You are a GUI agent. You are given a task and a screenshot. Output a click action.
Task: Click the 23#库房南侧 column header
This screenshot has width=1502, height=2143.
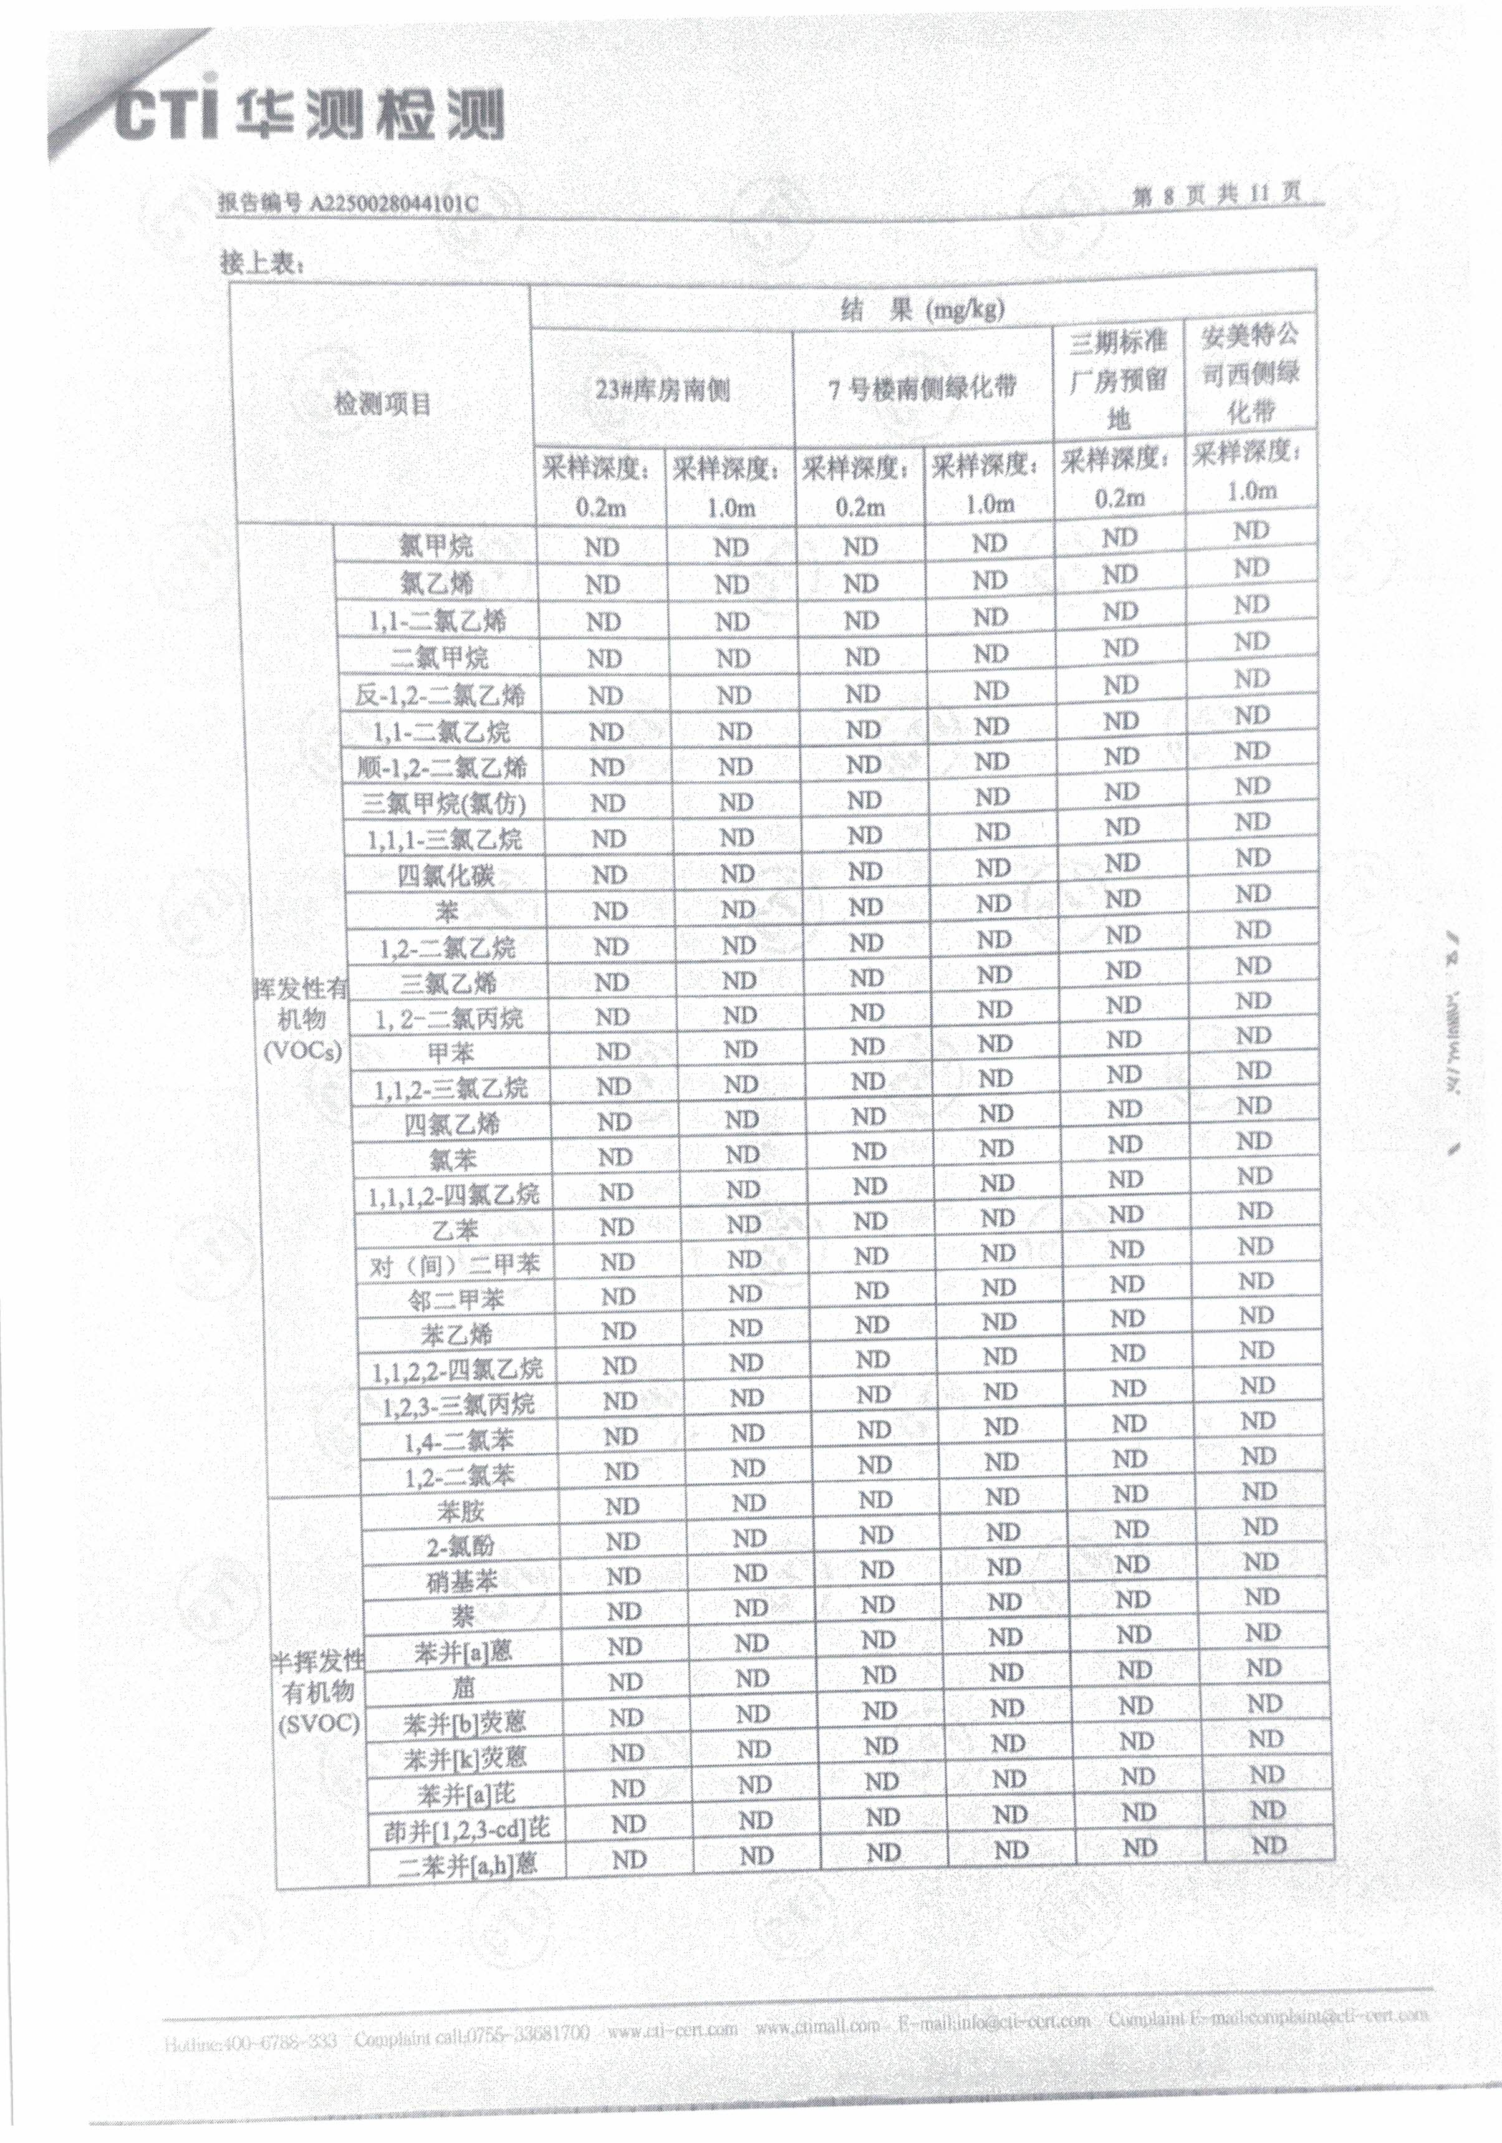(662, 389)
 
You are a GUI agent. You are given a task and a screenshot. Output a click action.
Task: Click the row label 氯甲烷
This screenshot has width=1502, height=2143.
(436, 546)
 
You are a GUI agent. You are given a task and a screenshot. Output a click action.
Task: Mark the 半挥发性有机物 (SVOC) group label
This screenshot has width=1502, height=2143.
(317, 1691)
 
